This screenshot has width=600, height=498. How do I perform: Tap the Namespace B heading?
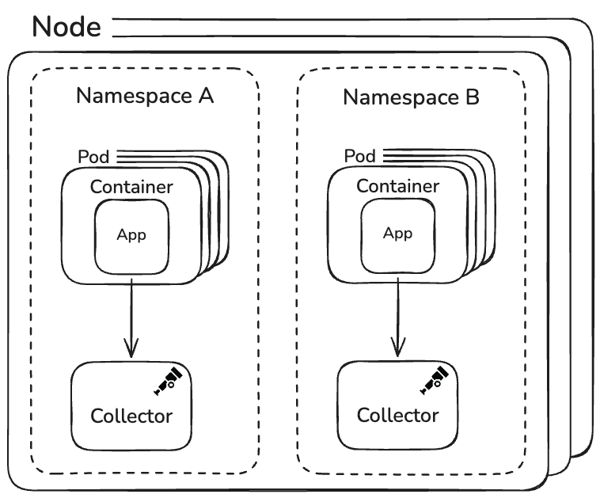[x=411, y=97]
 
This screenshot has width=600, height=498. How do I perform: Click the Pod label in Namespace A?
[x=93, y=156]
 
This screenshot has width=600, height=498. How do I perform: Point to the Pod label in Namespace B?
[x=360, y=156]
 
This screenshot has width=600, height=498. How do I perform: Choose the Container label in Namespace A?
[x=131, y=188]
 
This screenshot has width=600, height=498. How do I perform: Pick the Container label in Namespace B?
[x=397, y=187]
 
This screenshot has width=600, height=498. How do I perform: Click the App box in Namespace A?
[x=131, y=235]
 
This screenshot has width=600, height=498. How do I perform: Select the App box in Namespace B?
[x=397, y=234]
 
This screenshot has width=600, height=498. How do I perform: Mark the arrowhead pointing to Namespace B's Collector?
[x=397, y=346]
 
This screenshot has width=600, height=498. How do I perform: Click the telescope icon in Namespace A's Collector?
[x=169, y=381]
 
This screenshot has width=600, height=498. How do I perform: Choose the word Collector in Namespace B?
[x=397, y=415]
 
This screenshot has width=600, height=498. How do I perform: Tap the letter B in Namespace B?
[x=471, y=97]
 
